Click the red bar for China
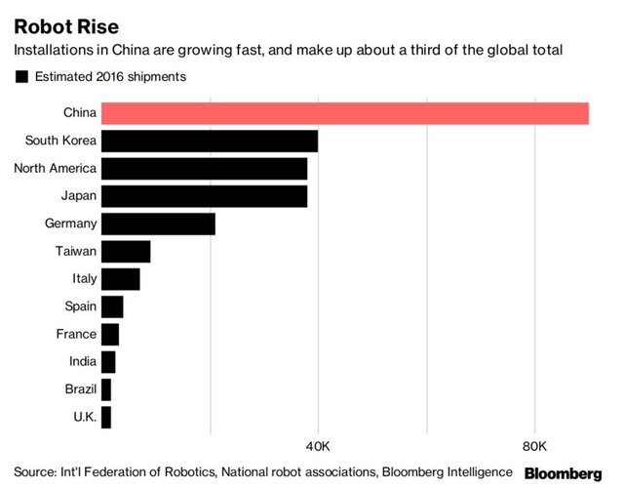pos(344,112)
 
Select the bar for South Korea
pos(209,141)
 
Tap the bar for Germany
pos(157,224)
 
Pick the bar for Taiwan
pos(125,251)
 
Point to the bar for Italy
pos(120,278)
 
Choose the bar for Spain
pos(111,306)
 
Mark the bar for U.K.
pos(105,417)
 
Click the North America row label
pos(55,168)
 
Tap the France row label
pos(76,334)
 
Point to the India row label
pos(82,361)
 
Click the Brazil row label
pos(80,389)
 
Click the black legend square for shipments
pos(20,75)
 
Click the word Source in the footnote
pos(35,471)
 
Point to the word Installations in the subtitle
pos(55,50)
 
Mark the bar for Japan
pos(204,195)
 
